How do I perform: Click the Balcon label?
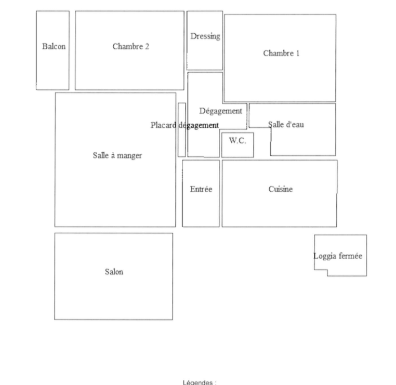click(54, 46)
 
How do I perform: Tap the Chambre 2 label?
click(130, 46)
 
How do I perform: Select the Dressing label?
click(205, 36)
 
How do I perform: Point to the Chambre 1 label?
click(281, 54)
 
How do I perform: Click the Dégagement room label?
click(221, 111)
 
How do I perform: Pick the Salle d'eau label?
click(286, 125)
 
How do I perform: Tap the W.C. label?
click(237, 141)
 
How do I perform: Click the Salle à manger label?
click(117, 155)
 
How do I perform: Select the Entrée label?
click(201, 189)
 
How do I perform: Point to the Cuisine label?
click(281, 189)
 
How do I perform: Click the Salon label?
click(114, 272)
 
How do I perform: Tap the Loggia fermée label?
click(338, 256)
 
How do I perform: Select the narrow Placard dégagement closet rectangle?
click(181, 130)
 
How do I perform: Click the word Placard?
click(163, 125)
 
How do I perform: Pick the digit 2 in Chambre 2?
click(147, 46)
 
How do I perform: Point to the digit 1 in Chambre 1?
click(297, 54)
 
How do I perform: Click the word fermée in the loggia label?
click(351, 256)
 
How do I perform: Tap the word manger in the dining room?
click(129, 156)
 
